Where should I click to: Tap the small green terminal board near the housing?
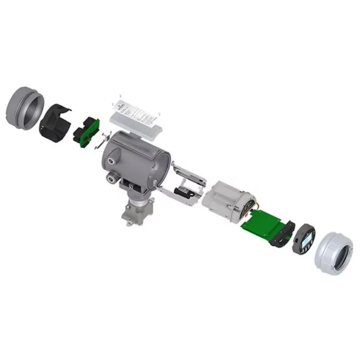click(x=86, y=130)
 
